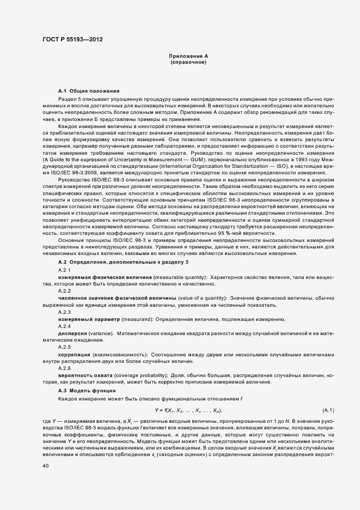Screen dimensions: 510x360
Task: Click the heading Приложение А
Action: coord(188,56)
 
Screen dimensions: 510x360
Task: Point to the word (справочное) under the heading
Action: coord(188,63)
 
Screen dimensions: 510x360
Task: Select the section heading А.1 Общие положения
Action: coord(89,90)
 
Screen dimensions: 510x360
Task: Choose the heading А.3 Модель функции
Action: coord(87,391)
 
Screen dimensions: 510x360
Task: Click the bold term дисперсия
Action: coord(71,333)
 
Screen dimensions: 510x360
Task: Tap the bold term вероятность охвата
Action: coord(86,375)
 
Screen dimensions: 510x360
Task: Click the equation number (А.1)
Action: coord(328,410)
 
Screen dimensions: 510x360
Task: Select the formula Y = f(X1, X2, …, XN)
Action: coord(188,410)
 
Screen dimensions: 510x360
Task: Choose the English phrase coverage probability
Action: coord(142,375)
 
